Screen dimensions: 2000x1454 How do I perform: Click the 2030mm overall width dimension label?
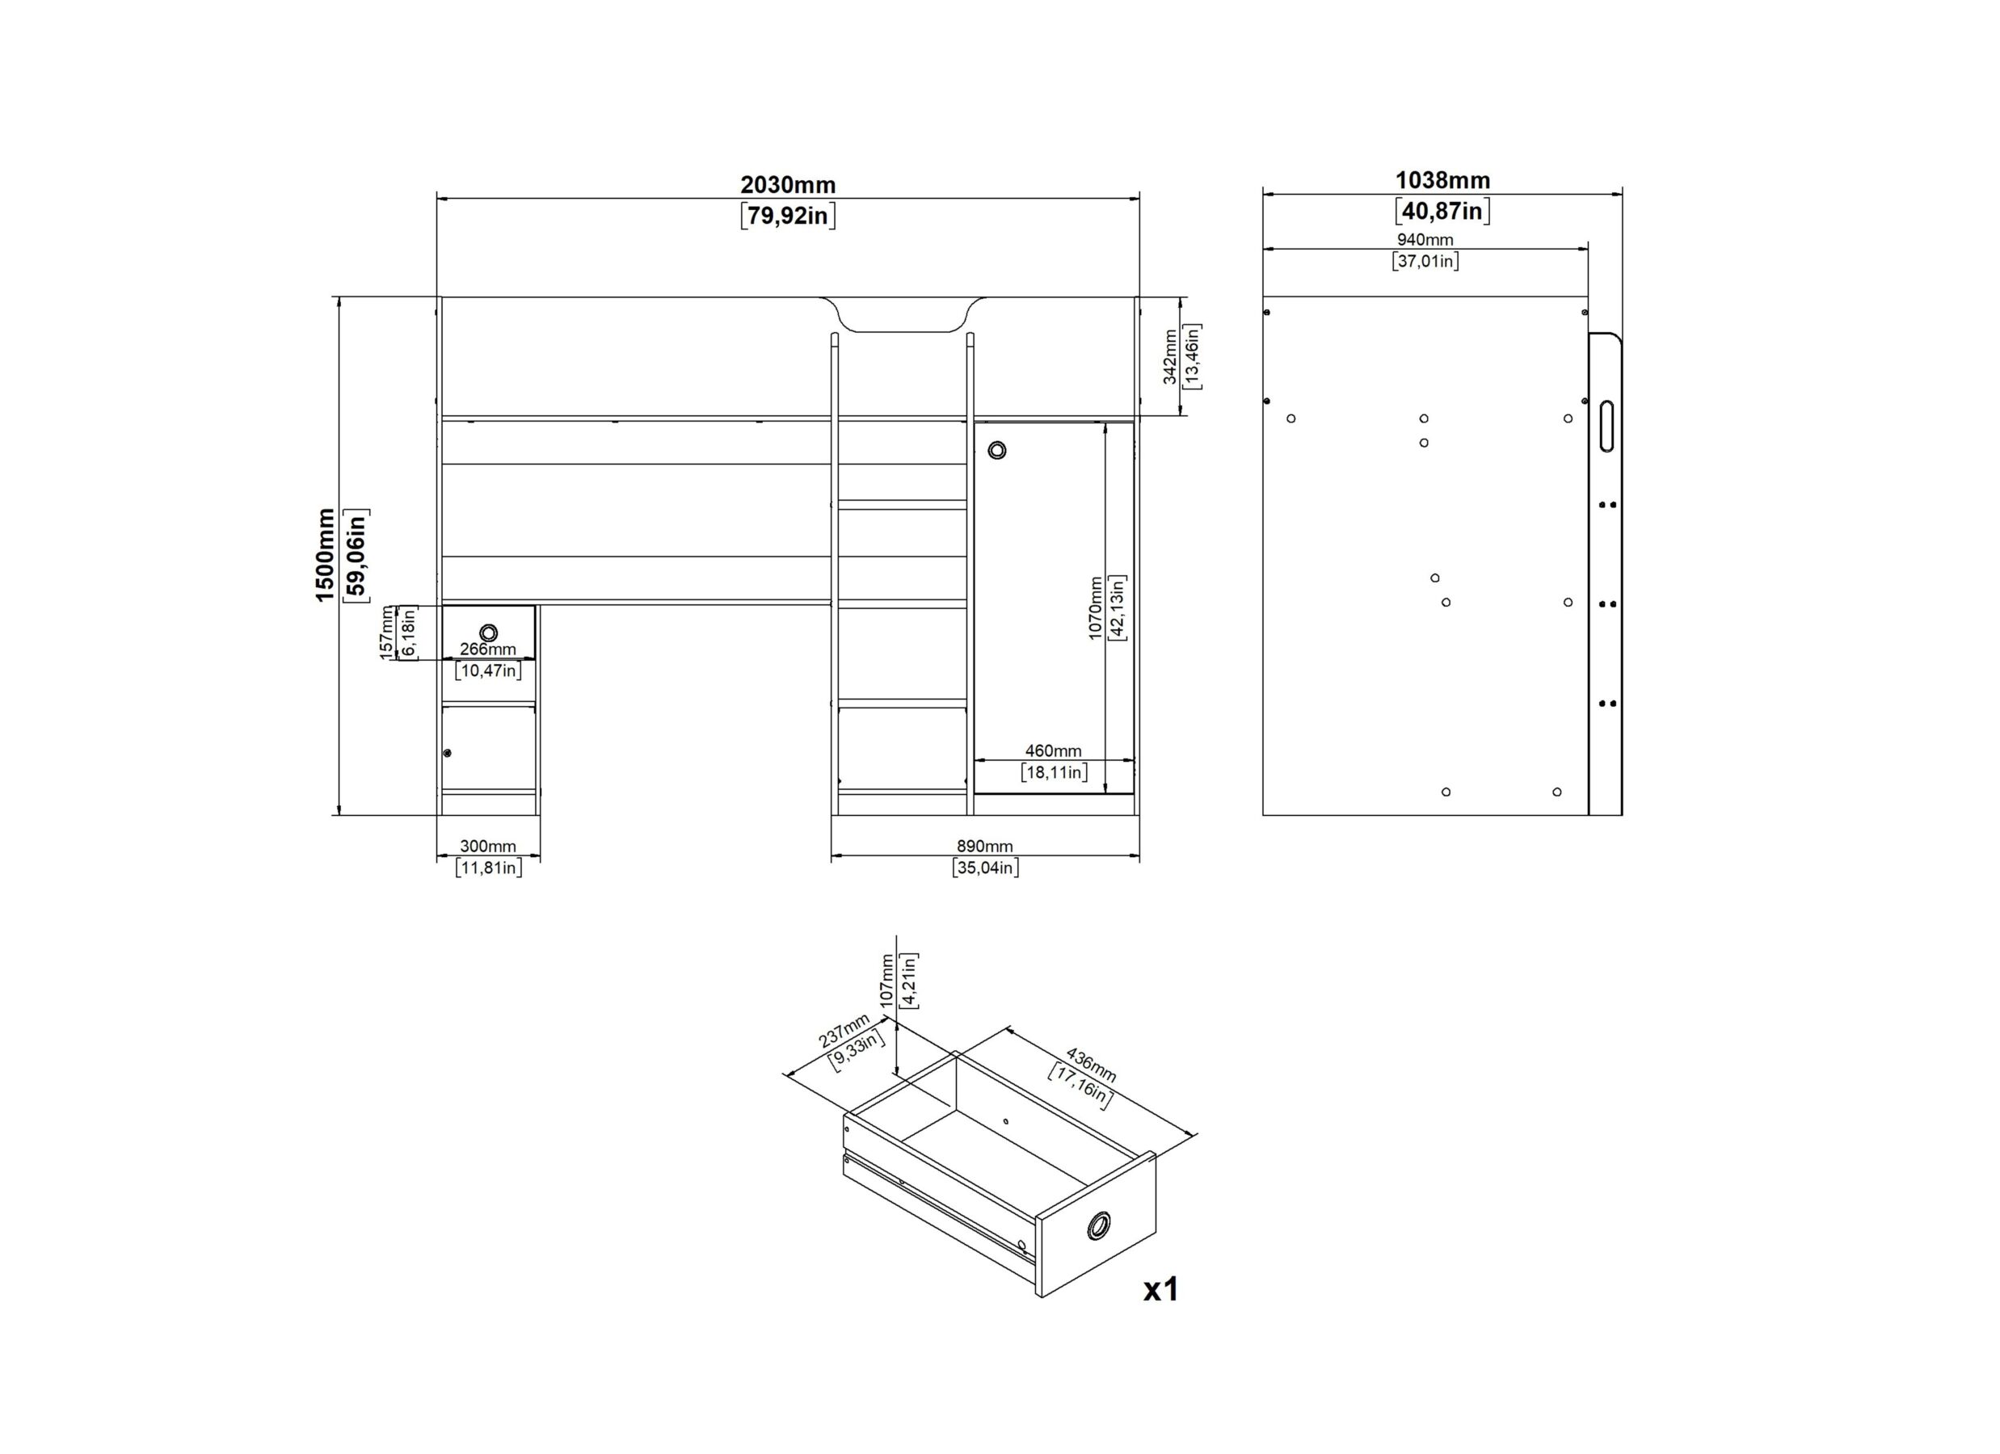coord(788,185)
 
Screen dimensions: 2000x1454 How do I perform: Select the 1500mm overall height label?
coord(326,556)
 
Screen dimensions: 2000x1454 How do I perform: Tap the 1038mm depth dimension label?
coord(1442,181)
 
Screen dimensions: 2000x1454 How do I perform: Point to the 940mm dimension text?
coord(1425,240)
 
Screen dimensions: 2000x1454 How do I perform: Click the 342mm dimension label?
coord(1170,356)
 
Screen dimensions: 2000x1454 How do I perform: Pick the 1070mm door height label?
coord(1095,608)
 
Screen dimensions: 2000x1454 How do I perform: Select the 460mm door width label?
coord(1053,751)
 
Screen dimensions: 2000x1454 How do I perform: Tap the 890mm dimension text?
coord(984,847)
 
